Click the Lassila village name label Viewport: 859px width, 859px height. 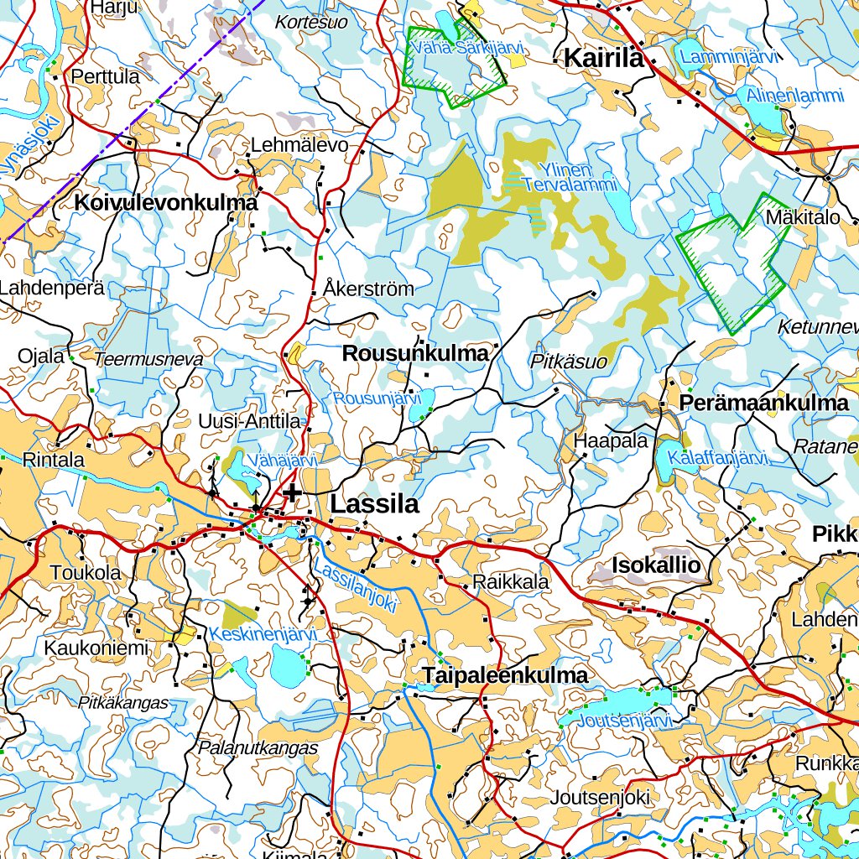point(373,504)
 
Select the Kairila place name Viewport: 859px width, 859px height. point(603,58)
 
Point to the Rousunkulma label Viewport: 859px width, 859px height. point(415,354)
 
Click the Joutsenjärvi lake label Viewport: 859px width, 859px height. point(627,721)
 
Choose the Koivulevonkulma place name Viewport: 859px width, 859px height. point(166,203)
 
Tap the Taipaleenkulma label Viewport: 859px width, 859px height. point(505,675)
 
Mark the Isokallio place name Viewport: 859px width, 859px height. point(656,565)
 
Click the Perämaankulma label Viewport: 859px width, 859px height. point(764,403)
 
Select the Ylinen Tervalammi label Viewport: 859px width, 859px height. point(570,177)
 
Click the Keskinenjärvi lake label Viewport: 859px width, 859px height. point(263,634)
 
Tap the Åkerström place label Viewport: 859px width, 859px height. point(368,289)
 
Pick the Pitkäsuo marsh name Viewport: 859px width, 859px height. point(569,361)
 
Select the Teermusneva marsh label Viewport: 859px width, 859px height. point(148,359)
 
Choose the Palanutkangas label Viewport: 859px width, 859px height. point(258,747)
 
